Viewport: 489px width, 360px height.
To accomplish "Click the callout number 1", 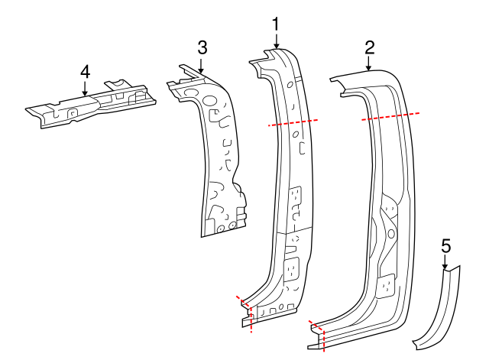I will tap(275, 25).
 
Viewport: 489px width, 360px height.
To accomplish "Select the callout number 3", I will tap(202, 47).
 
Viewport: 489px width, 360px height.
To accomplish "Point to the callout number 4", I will tap(85, 71).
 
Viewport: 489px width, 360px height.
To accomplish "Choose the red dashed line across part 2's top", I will tap(390, 116).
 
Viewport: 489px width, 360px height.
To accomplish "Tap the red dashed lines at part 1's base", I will tap(245, 310).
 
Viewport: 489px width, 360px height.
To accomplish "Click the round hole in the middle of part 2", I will tap(390, 232).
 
